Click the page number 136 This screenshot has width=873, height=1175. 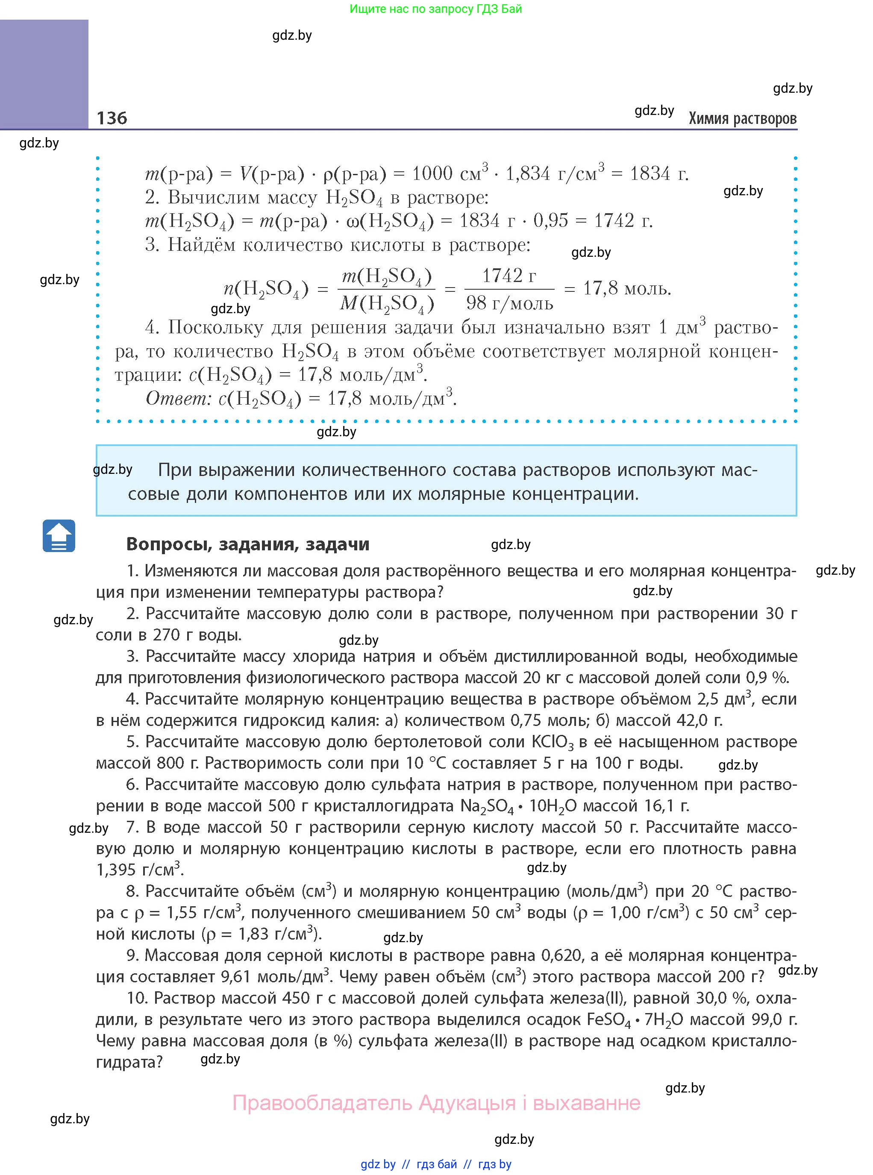tap(112, 118)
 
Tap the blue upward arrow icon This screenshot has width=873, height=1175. tap(59, 536)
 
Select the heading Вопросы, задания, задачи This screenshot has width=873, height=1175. tap(247, 544)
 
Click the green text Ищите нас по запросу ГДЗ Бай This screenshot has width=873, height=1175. tap(435, 9)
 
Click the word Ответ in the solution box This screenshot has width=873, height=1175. tap(178, 398)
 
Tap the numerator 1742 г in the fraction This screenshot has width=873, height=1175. tap(509, 275)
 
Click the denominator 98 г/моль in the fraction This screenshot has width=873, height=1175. tap(509, 303)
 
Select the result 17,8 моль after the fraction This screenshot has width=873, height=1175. tap(627, 288)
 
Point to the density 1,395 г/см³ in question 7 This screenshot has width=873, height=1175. tap(138, 869)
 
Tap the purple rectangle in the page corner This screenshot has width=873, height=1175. tap(44, 74)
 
